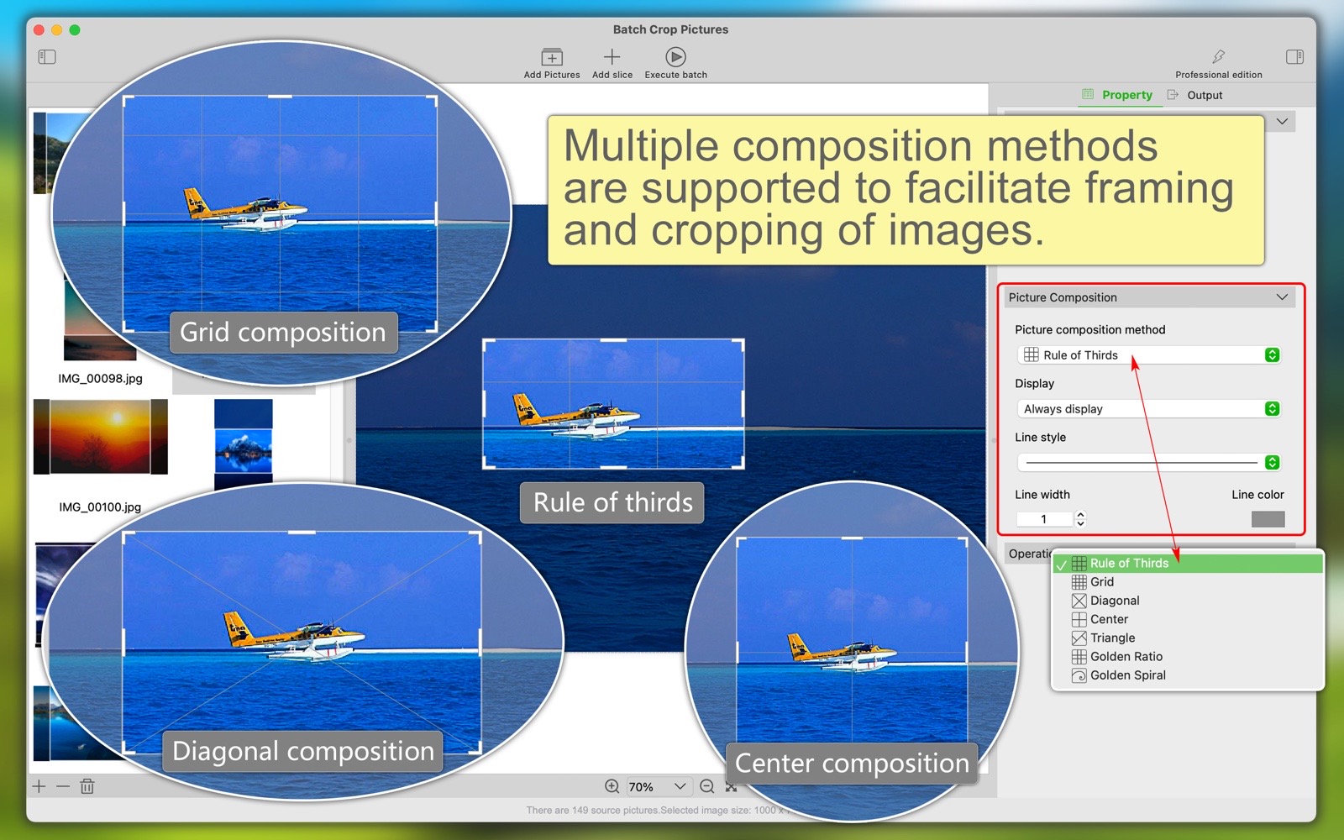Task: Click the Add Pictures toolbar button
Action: click(552, 63)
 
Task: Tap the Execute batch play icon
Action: click(675, 57)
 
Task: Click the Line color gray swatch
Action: click(1268, 519)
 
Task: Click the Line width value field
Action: click(1044, 519)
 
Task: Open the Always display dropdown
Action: click(1149, 409)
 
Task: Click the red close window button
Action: click(39, 30)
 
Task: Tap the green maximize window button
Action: click(75, 30)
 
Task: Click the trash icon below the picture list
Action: click(87, 786)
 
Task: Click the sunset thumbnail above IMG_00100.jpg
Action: click(100, 437)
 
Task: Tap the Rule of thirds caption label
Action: click(612, 503)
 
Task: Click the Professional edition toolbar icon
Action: click(1219, 56)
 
